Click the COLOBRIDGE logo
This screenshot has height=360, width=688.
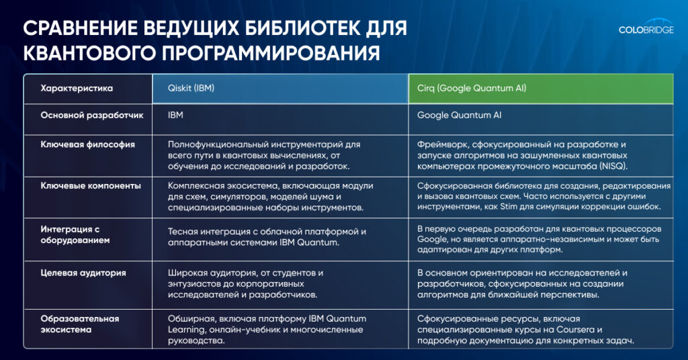[646, 27]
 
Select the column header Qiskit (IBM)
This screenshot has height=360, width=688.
[191, 88]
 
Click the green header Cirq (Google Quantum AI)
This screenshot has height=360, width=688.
[472, 88]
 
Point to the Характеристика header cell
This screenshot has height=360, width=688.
[77, 88]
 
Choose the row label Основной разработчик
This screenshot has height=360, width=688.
[92, 116]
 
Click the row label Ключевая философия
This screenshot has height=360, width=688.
[88, 144]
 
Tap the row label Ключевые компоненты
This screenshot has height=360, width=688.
[91, 185]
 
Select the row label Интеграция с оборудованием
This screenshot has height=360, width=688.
[75, 234]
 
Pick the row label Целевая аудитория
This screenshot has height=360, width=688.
[83, 273]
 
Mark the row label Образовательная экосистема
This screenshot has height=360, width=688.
[80, 324]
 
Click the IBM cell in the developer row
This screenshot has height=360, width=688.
[175, 115]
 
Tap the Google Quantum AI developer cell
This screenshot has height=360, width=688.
[459, 115]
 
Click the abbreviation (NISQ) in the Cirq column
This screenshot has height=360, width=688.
[613, 166]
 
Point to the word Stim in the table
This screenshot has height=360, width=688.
[509, 206]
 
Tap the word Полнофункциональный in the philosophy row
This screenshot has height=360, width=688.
[218, 144]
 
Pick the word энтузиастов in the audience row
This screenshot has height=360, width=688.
[194, 283]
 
